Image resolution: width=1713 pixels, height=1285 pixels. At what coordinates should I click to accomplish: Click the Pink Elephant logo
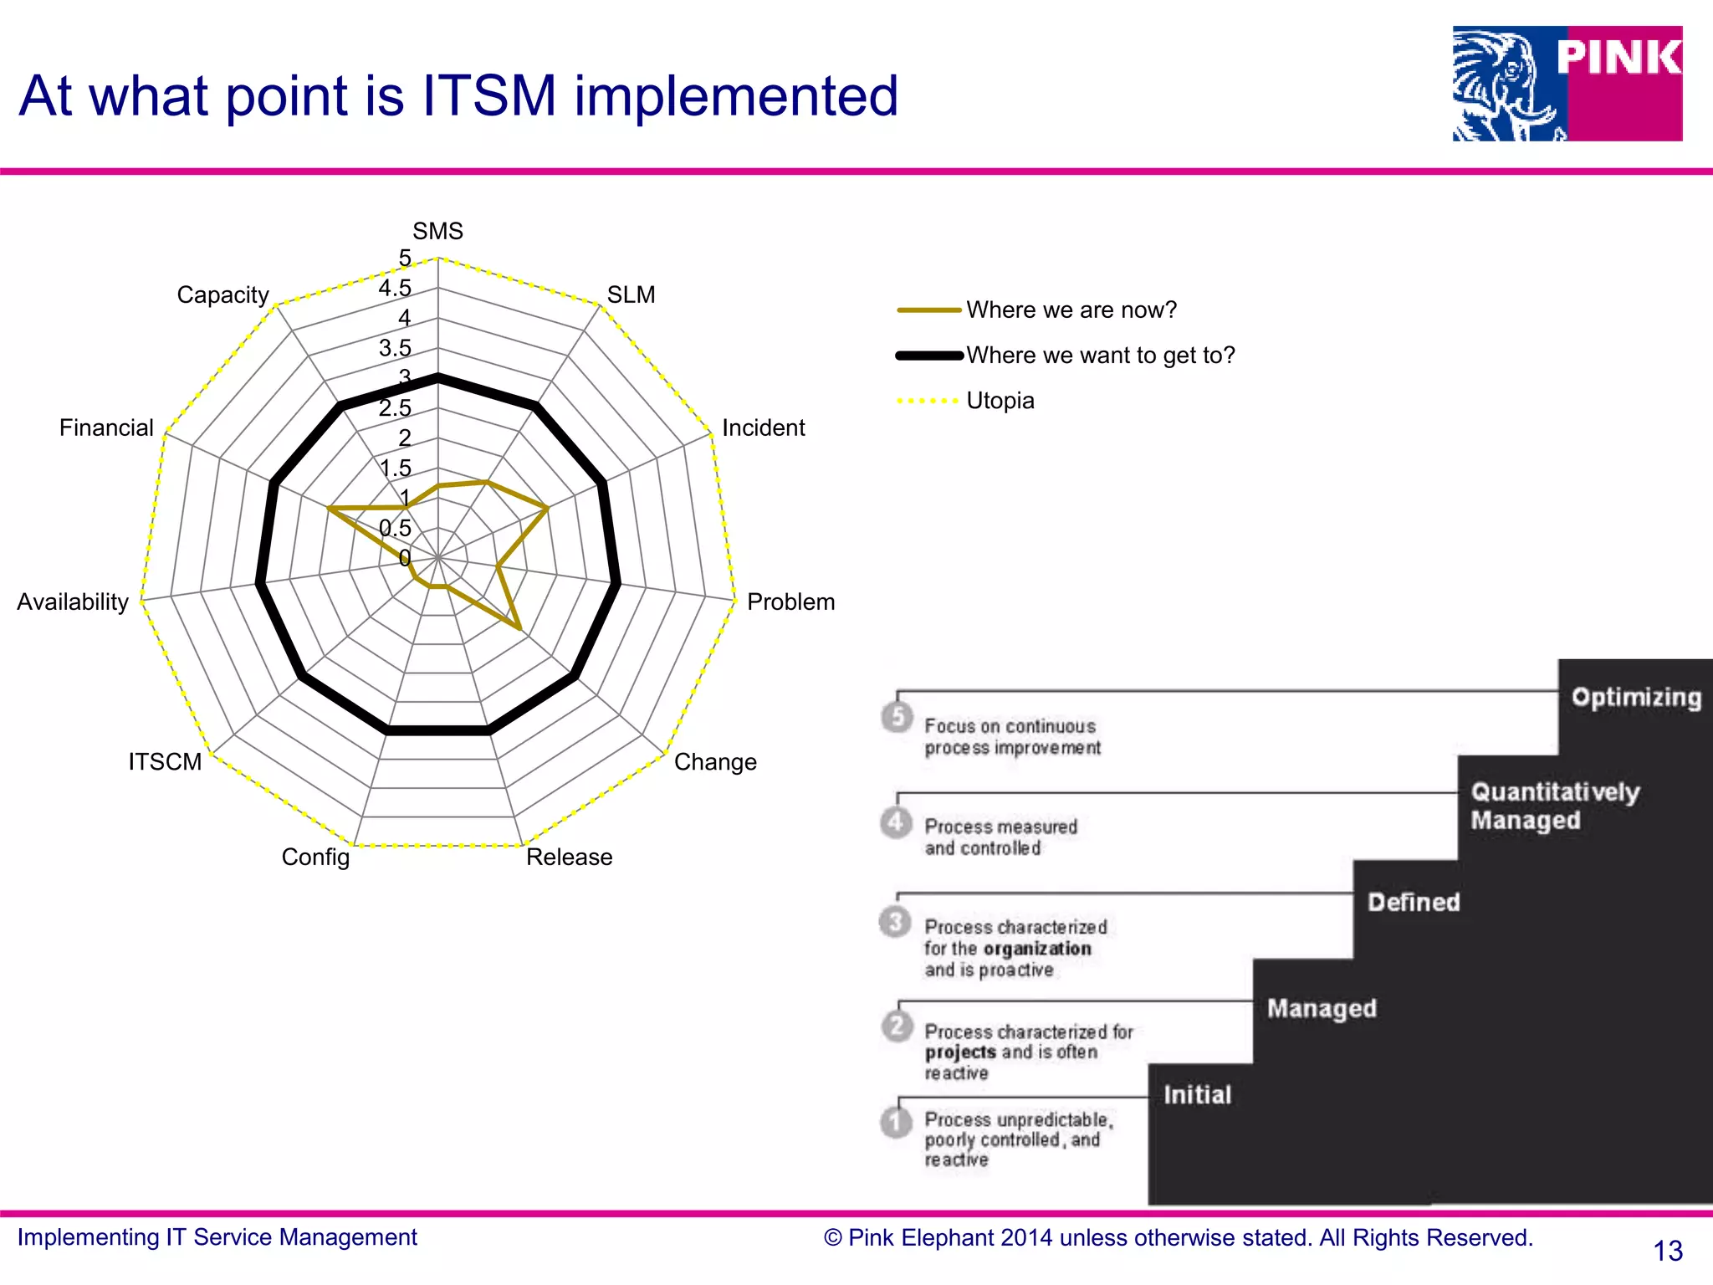click(x=1567, y=83)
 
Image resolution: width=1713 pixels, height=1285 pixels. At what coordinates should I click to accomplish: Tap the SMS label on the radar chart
click(x=437, y=231)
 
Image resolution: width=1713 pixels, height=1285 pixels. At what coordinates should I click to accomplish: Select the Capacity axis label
click(x=222, y=294)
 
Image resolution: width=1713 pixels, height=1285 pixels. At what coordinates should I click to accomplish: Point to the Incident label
click(x=763, y=427)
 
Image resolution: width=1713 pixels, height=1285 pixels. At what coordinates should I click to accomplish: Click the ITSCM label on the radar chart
click(x=165, y=761)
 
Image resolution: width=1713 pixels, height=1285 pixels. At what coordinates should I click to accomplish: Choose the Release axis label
click(x=569, y=857)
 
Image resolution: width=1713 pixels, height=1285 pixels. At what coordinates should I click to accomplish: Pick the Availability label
click(x=73, y=602)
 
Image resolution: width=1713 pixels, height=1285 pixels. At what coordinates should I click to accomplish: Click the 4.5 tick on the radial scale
click(x=395, y=289)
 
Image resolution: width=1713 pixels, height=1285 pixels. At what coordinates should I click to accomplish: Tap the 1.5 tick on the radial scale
click(x=396, y=468)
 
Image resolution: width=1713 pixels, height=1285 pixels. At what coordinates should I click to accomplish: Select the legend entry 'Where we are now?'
click(x=1071, y=310)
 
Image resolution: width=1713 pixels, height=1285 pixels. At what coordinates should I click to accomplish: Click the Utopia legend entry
click(x=1000, y=401)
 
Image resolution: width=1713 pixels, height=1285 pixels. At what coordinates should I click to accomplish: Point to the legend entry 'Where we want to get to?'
click(x=1100, y=356)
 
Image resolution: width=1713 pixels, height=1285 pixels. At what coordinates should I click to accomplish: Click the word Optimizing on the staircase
click(x=1635, y=698)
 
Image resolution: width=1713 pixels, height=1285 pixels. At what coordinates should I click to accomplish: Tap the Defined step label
click(x=1414, y=902)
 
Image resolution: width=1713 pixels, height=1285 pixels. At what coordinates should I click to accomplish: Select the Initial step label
click(x=1197, y=1094)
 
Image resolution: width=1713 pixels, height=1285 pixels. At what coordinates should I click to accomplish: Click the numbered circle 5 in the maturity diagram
click(x=897, y=716)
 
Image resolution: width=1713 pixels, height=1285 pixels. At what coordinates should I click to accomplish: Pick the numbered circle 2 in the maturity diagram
click(x=897, y=1025)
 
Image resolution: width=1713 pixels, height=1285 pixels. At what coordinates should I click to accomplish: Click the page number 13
click(x=1667, y=1251)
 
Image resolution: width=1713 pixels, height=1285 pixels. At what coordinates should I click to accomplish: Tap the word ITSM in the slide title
click(x=489, y=95)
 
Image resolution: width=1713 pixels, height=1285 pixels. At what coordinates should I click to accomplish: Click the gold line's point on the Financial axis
click(x=330, y=508)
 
